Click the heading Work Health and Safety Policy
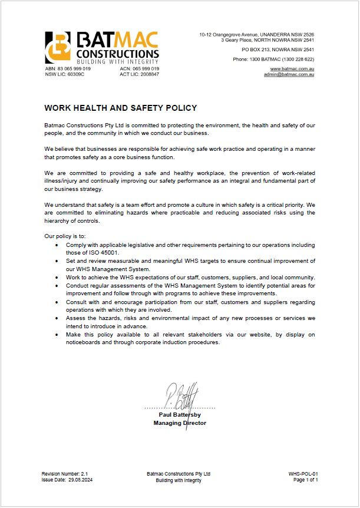tap(121, 108)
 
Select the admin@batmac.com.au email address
tap(289, 75)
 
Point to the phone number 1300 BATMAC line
tap(273, 60)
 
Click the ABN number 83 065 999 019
tap(68, 69)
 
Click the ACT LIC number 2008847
tap(139, 74)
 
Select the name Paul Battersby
tap(180, 415)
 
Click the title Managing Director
tap(180, 423)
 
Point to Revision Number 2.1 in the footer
tap(64, 474)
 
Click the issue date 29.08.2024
tap(67, 480)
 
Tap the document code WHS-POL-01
tap(303, 474)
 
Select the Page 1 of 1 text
tap(306, 480)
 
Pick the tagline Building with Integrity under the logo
tap(118, 62)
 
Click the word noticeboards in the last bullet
tap(84, 343)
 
